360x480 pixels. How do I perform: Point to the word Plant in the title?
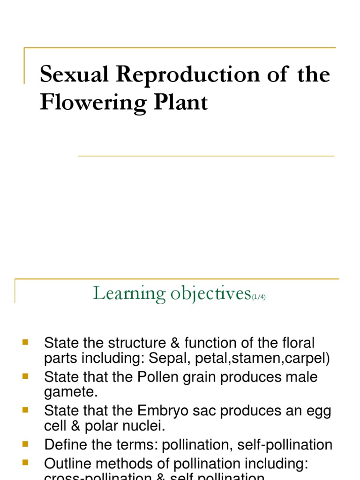182,102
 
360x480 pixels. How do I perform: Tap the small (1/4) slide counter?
259,297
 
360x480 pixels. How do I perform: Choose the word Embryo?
159,411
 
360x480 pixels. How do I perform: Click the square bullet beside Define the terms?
25,443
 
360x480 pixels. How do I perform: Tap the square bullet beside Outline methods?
25,462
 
